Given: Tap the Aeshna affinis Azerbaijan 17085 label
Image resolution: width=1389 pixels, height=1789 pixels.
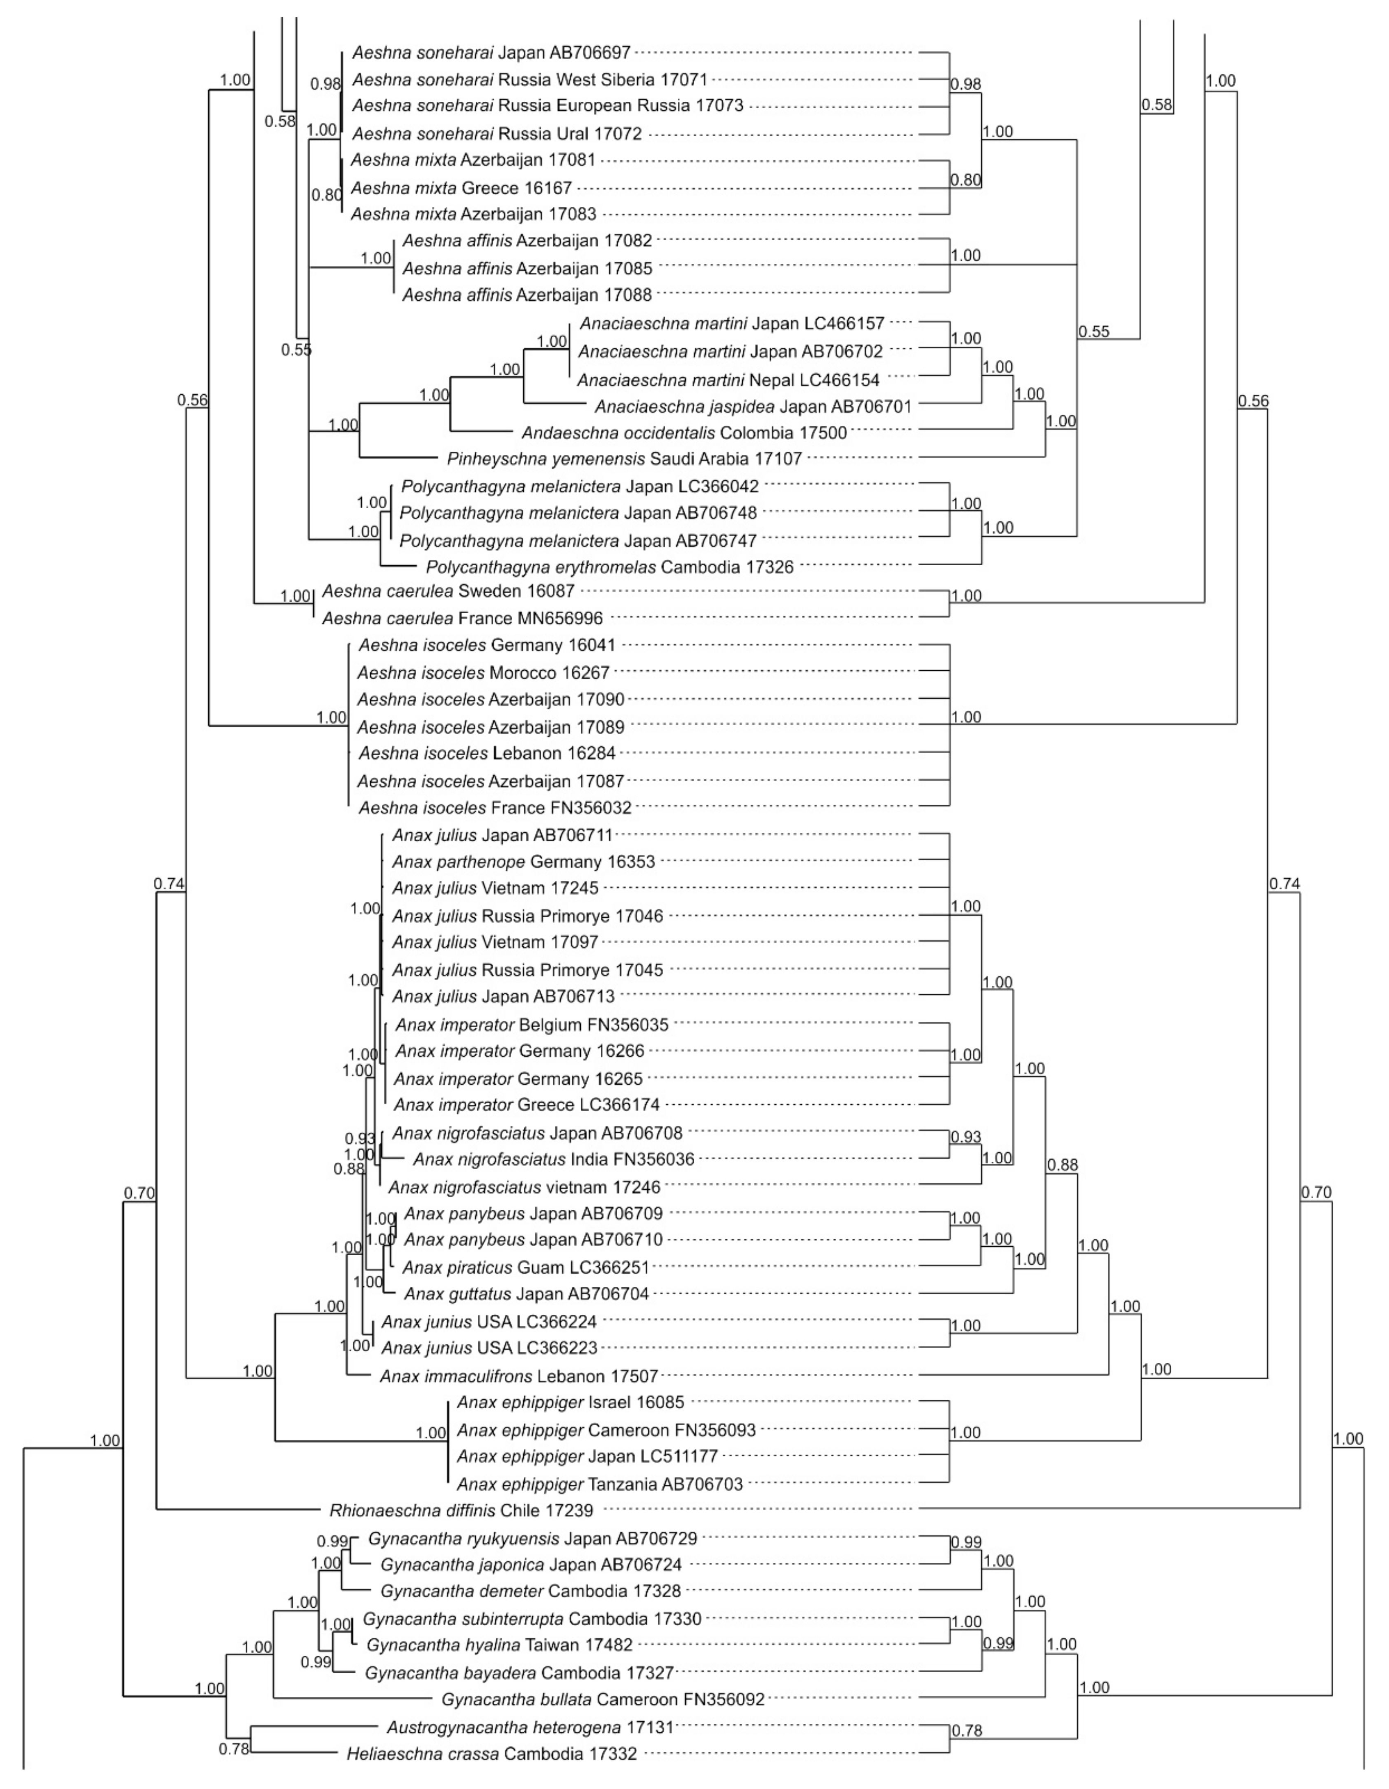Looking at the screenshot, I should [527, 268].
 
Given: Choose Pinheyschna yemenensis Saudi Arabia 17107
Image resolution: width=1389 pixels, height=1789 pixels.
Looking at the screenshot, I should [624, 459].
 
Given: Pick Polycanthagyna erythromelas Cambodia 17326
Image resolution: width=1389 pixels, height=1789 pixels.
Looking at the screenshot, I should [609, 567].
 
